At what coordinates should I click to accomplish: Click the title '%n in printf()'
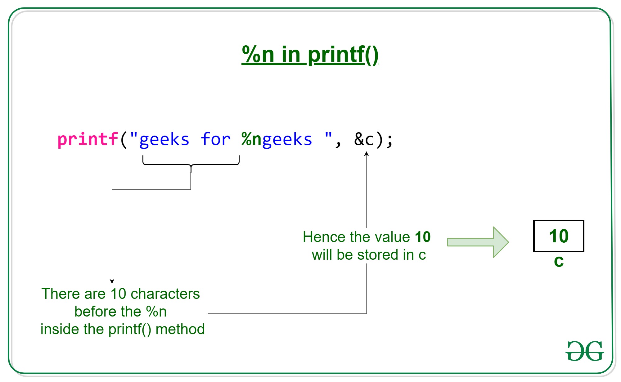(x=310, y=55)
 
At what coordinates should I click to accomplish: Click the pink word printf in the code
(x=88, y=139)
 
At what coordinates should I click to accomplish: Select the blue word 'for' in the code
(x=215, y=139)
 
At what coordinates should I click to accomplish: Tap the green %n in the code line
(x=251, y=139)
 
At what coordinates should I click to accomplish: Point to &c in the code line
(x=364, y=139)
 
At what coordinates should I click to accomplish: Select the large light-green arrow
(x=478, y=242)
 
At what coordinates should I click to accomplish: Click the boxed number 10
(x=559, y=236)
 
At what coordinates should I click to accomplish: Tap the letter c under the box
(x=559, y=261)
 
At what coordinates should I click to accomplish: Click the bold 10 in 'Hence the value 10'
(x=423, y=237)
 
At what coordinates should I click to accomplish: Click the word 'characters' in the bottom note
(x=165, y=294)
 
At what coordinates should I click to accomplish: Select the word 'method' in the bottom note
(x=180, y=329)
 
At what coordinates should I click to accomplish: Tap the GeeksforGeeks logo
(x=585, y=351)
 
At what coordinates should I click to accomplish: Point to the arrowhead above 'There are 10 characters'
(x=112, y=281)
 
